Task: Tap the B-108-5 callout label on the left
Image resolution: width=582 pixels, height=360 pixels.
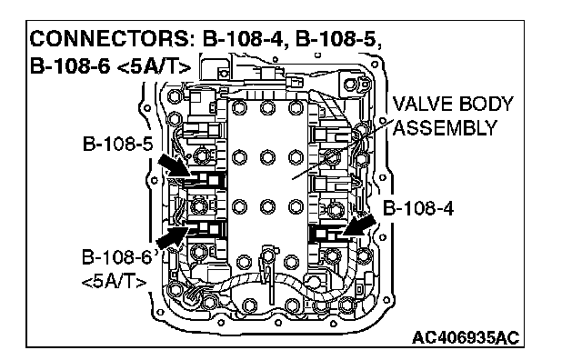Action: coord(117,144)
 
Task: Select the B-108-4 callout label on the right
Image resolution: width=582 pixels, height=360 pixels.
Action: coord(418,208)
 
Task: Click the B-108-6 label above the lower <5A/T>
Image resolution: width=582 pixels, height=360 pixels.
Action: coord(117,257)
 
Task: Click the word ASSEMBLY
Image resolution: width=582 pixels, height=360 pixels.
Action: coord(445,128)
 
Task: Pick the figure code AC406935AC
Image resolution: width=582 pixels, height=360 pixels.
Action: coord(466,338)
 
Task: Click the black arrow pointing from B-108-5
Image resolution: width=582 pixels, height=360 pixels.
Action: coord(174,165)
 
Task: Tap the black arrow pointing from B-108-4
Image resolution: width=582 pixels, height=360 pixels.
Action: coord(359,225)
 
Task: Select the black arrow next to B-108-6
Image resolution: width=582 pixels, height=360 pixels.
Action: coord(172,238)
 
